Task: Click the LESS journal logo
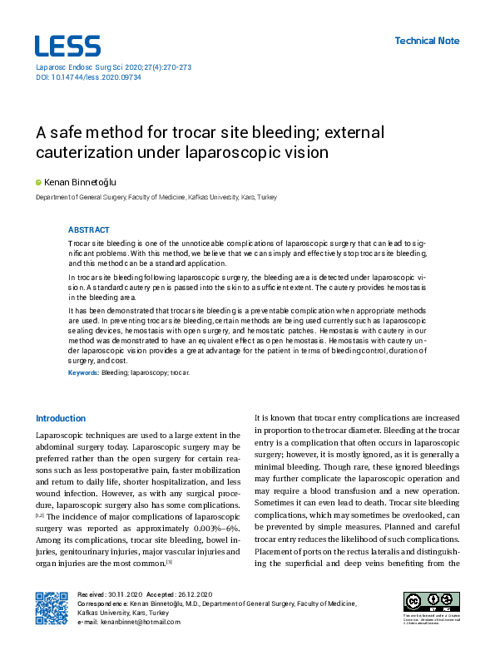pos(67,46)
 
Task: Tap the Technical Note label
pos(426,41)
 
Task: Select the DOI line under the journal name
pos(87,76)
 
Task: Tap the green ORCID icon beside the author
pos(37,181)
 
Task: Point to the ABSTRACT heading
pos(88,229)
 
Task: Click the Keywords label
pos(82,373)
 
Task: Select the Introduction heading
pos(60,418)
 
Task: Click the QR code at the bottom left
pos(51,608)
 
